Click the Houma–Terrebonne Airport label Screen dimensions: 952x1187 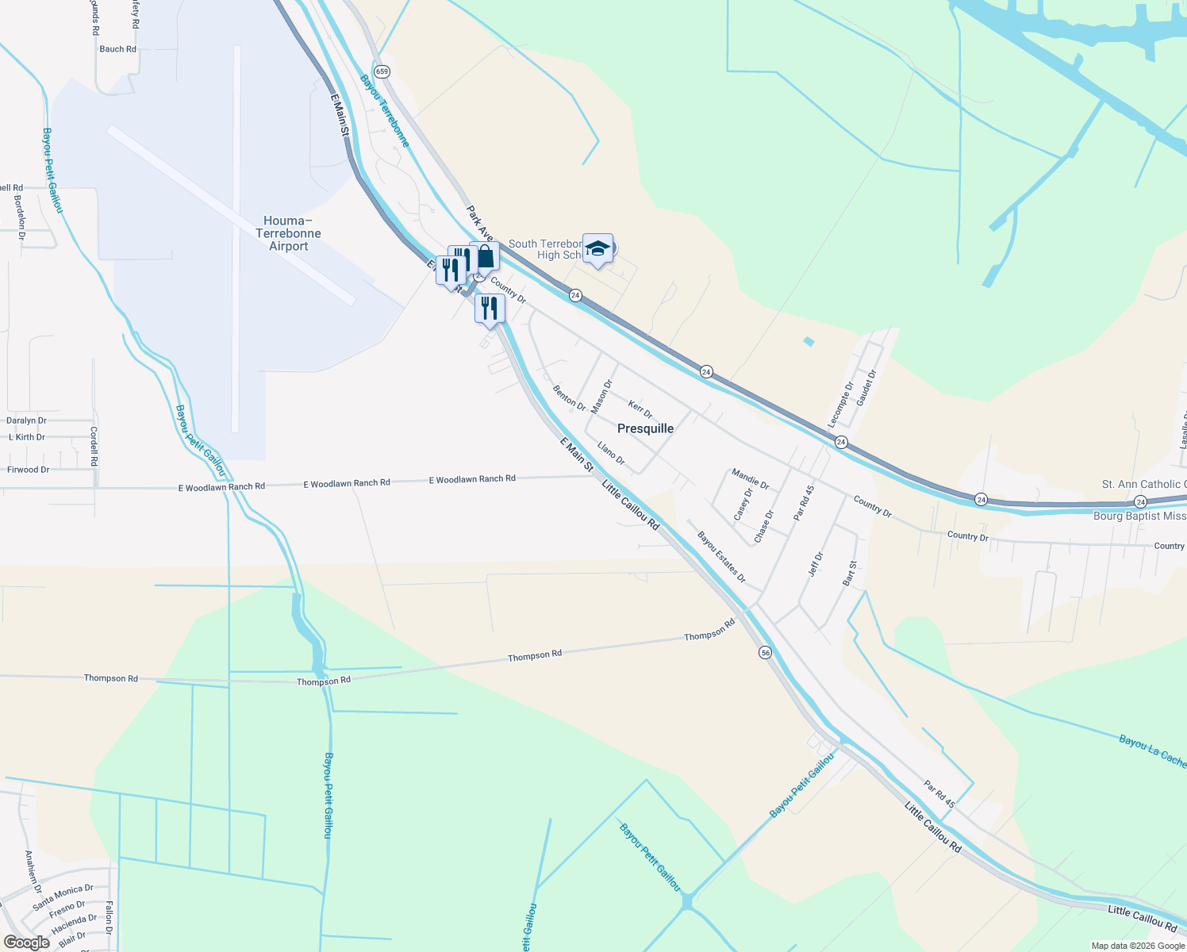(x=288, y=233)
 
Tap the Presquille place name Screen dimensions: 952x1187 (x=645, y=428)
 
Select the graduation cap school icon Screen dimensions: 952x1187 (x=597, y=249)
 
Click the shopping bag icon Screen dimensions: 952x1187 (x=486, y=258)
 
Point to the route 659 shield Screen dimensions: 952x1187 (x=382, y=71)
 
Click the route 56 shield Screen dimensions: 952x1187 (x=765, y=652)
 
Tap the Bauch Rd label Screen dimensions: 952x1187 (x=117, y=49)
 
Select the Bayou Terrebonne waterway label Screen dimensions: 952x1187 (x=385, y=111)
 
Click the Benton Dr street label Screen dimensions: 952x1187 (x=569, y=398)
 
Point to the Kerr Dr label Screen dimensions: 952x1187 (x=640, y=409)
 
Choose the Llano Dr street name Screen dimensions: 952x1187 (x=611, y=454)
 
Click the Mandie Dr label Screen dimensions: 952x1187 (x=750, y=478)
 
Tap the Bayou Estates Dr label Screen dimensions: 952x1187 (x=721, y=557)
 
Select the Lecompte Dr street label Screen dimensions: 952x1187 (x=841, y=405)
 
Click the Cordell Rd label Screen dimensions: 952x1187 (x=94, y=447)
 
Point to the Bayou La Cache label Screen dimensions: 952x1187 (x=1152, y=750)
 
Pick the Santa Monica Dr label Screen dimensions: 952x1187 (x=63, y=897)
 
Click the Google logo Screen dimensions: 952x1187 (x=26, y=942)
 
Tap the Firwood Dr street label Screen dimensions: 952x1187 (x=29, y=470)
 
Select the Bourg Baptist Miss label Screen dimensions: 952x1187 (x=1139, y=516)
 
